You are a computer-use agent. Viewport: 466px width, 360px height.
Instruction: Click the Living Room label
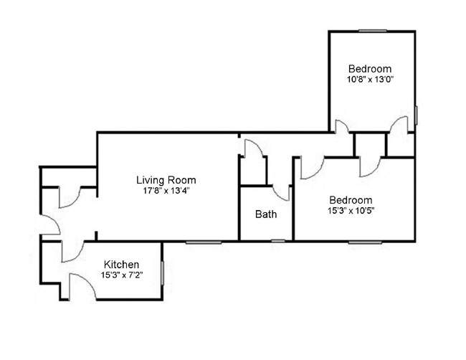166,180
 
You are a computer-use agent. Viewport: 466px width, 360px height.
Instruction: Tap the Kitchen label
121,265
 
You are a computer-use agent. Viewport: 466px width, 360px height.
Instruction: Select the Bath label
266,214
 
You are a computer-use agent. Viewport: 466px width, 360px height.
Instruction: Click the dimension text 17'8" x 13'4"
166,191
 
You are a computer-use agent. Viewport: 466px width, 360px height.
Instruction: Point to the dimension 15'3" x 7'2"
122,275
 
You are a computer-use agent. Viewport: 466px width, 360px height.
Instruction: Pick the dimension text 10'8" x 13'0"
371,80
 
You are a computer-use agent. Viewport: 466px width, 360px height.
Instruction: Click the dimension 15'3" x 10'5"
351,210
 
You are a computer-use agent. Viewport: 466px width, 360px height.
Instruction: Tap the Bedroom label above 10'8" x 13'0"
370,69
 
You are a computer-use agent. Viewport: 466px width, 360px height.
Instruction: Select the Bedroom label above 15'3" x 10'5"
351,200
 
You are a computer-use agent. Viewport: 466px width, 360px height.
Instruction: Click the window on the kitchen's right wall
162,273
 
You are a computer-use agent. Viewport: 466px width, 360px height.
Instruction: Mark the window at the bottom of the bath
278,241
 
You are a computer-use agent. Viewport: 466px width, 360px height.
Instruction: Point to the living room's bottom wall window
204,242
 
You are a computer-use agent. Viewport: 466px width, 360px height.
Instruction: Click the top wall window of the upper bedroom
373,30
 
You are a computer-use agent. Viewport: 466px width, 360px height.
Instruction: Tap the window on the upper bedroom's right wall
416,115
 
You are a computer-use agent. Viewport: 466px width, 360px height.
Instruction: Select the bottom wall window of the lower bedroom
365,242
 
